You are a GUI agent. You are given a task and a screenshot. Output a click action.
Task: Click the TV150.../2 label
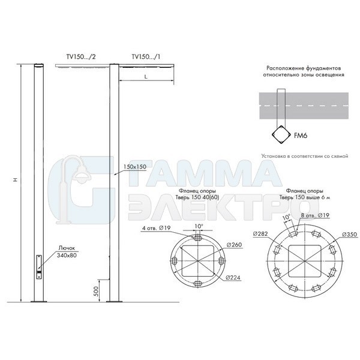[x=81, y=57]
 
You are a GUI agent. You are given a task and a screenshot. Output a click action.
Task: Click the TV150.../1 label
[x=146, y=57]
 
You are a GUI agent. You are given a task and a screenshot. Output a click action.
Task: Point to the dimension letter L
[x=146, y=76]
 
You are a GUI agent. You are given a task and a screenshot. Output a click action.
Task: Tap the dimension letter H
[x=16, y=180]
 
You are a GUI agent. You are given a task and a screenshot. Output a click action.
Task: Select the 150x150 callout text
[x=135, y=167]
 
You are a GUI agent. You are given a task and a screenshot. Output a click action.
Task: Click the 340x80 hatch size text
[x=67, y=255]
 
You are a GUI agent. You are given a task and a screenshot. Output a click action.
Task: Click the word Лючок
[x=67, y=248]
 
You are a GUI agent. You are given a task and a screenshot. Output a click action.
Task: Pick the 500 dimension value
[x=97, y=291]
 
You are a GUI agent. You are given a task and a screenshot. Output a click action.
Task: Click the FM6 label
[x=301, y=136]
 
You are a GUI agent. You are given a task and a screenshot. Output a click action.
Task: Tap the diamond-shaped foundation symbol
[x=281, y=135]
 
